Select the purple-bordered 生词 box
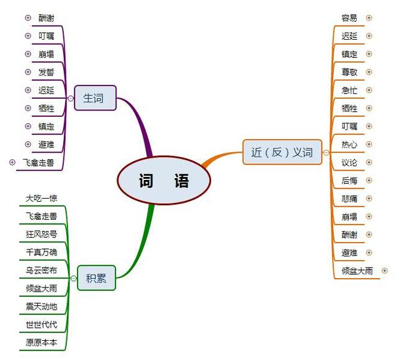click(94, 98)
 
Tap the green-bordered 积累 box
click(96, 278)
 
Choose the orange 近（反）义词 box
click(282, 152)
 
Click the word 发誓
click(47, 72)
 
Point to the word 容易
click(349, 18)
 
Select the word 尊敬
click(349, 72)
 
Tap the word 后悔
click(349, 181)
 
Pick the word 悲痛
click(349, 199)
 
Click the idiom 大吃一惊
click(42, 199)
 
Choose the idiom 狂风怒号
click(42, 235)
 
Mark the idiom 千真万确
click(42, 253)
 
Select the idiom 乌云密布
click(42, 271)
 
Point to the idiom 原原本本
click(42, 343)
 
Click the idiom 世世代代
click(42, 325)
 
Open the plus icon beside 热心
click(369, 145)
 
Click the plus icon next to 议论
click(369, 163)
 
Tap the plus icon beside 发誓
click(27, 72)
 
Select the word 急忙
click(349, 90)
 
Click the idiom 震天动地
click(42, 307)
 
